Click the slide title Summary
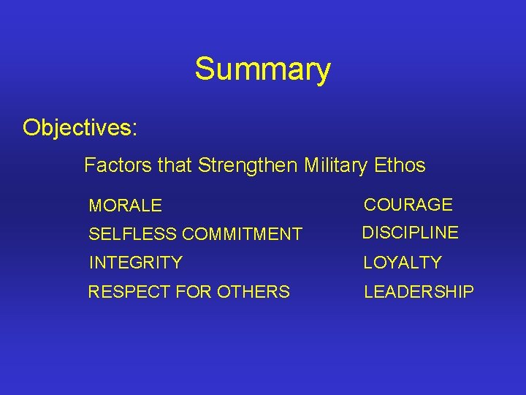point(262,70)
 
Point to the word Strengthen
point(246,165)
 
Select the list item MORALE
point(125,206)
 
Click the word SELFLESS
point(132,235)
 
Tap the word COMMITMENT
point(242,235)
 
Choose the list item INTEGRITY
point(135,263)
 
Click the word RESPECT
point(127,292)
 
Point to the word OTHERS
point(252,292)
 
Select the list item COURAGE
point(408,205)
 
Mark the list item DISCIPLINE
point(411,233)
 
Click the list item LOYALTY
point(403,263)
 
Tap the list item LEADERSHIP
point(419,292)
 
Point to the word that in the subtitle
point(174,165)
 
